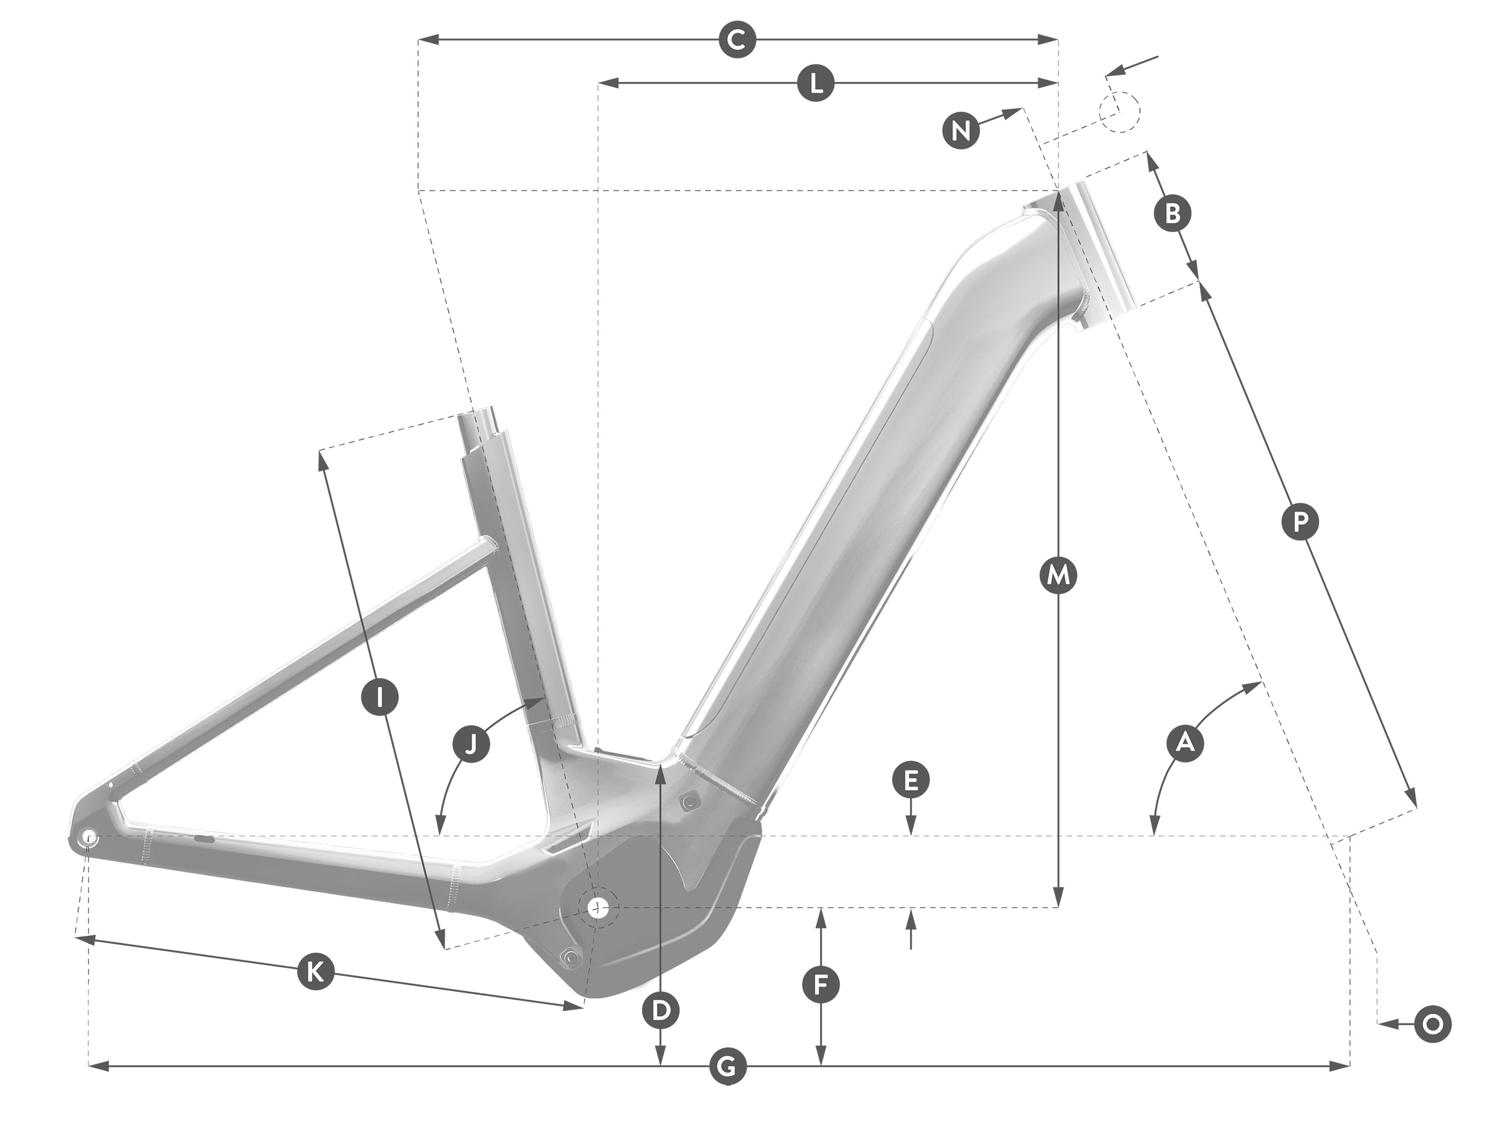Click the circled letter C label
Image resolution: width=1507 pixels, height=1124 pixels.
[x=737, y=40]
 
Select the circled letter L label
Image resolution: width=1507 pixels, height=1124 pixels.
[x=815, y=83]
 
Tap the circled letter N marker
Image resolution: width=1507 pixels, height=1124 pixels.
[x=961, y=129]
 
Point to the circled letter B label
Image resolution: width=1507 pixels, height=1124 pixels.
[x=1172, y=213]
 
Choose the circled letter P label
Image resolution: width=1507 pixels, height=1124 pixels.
[x=1300, y=523]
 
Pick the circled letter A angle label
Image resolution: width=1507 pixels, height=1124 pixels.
[x=1185, y=742]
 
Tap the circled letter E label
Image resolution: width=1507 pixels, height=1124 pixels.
[x=912, y=781]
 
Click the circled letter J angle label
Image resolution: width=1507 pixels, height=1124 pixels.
[x=472, y=743]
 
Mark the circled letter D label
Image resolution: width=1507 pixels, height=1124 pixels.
[x=660, y=1011]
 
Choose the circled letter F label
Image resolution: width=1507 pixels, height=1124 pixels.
[x=821, y=985]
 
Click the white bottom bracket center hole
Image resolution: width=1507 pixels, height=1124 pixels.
[x=598, y=907]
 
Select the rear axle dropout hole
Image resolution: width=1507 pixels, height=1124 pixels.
[x=88, y=837]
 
